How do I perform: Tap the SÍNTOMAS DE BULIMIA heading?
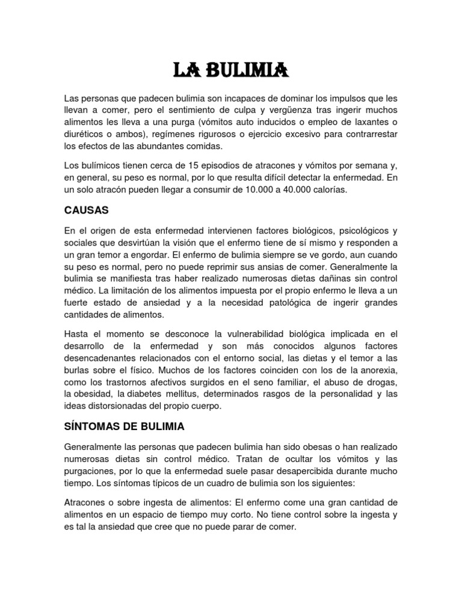tap(123, 427)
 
